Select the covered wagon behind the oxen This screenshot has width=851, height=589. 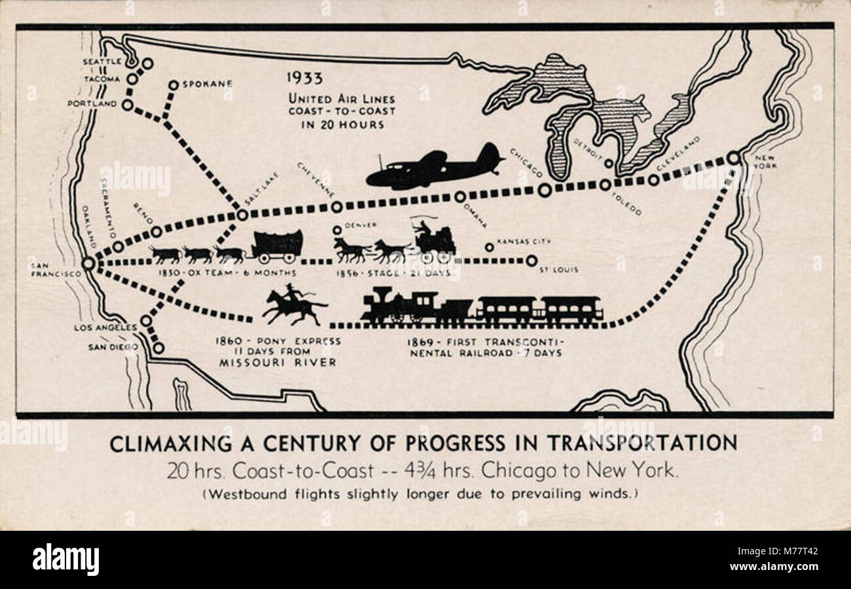pyautogui.click(x=278, y=245)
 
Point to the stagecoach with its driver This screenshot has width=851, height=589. pyautogui.click(x=434, y=240)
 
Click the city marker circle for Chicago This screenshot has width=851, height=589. pyautogui.click(x=545, y=190)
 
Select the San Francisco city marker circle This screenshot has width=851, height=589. pyautogui.click(x=88, y=263)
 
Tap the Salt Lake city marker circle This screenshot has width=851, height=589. pyautogui.click(x=242, y=215)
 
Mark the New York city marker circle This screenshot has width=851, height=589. pyautogui.click(x=733, y=158)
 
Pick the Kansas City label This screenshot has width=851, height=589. pyautogui.click(x=524, y=241)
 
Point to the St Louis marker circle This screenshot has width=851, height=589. pyautogui.click(x=531, y=260)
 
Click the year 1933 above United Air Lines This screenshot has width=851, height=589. pyautogui.click(x=304, y=78)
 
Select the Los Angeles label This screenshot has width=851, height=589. pyautogui.click(x=105, y=327)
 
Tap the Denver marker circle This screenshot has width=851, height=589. pyautogui.click(x=337, y=230)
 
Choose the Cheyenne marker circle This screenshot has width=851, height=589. pyautogui.click(x=336, y=207)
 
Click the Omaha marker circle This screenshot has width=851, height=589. pyautogui.click(x=460, y=196)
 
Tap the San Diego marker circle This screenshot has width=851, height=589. pyautogui.click(x=158, y=348)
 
